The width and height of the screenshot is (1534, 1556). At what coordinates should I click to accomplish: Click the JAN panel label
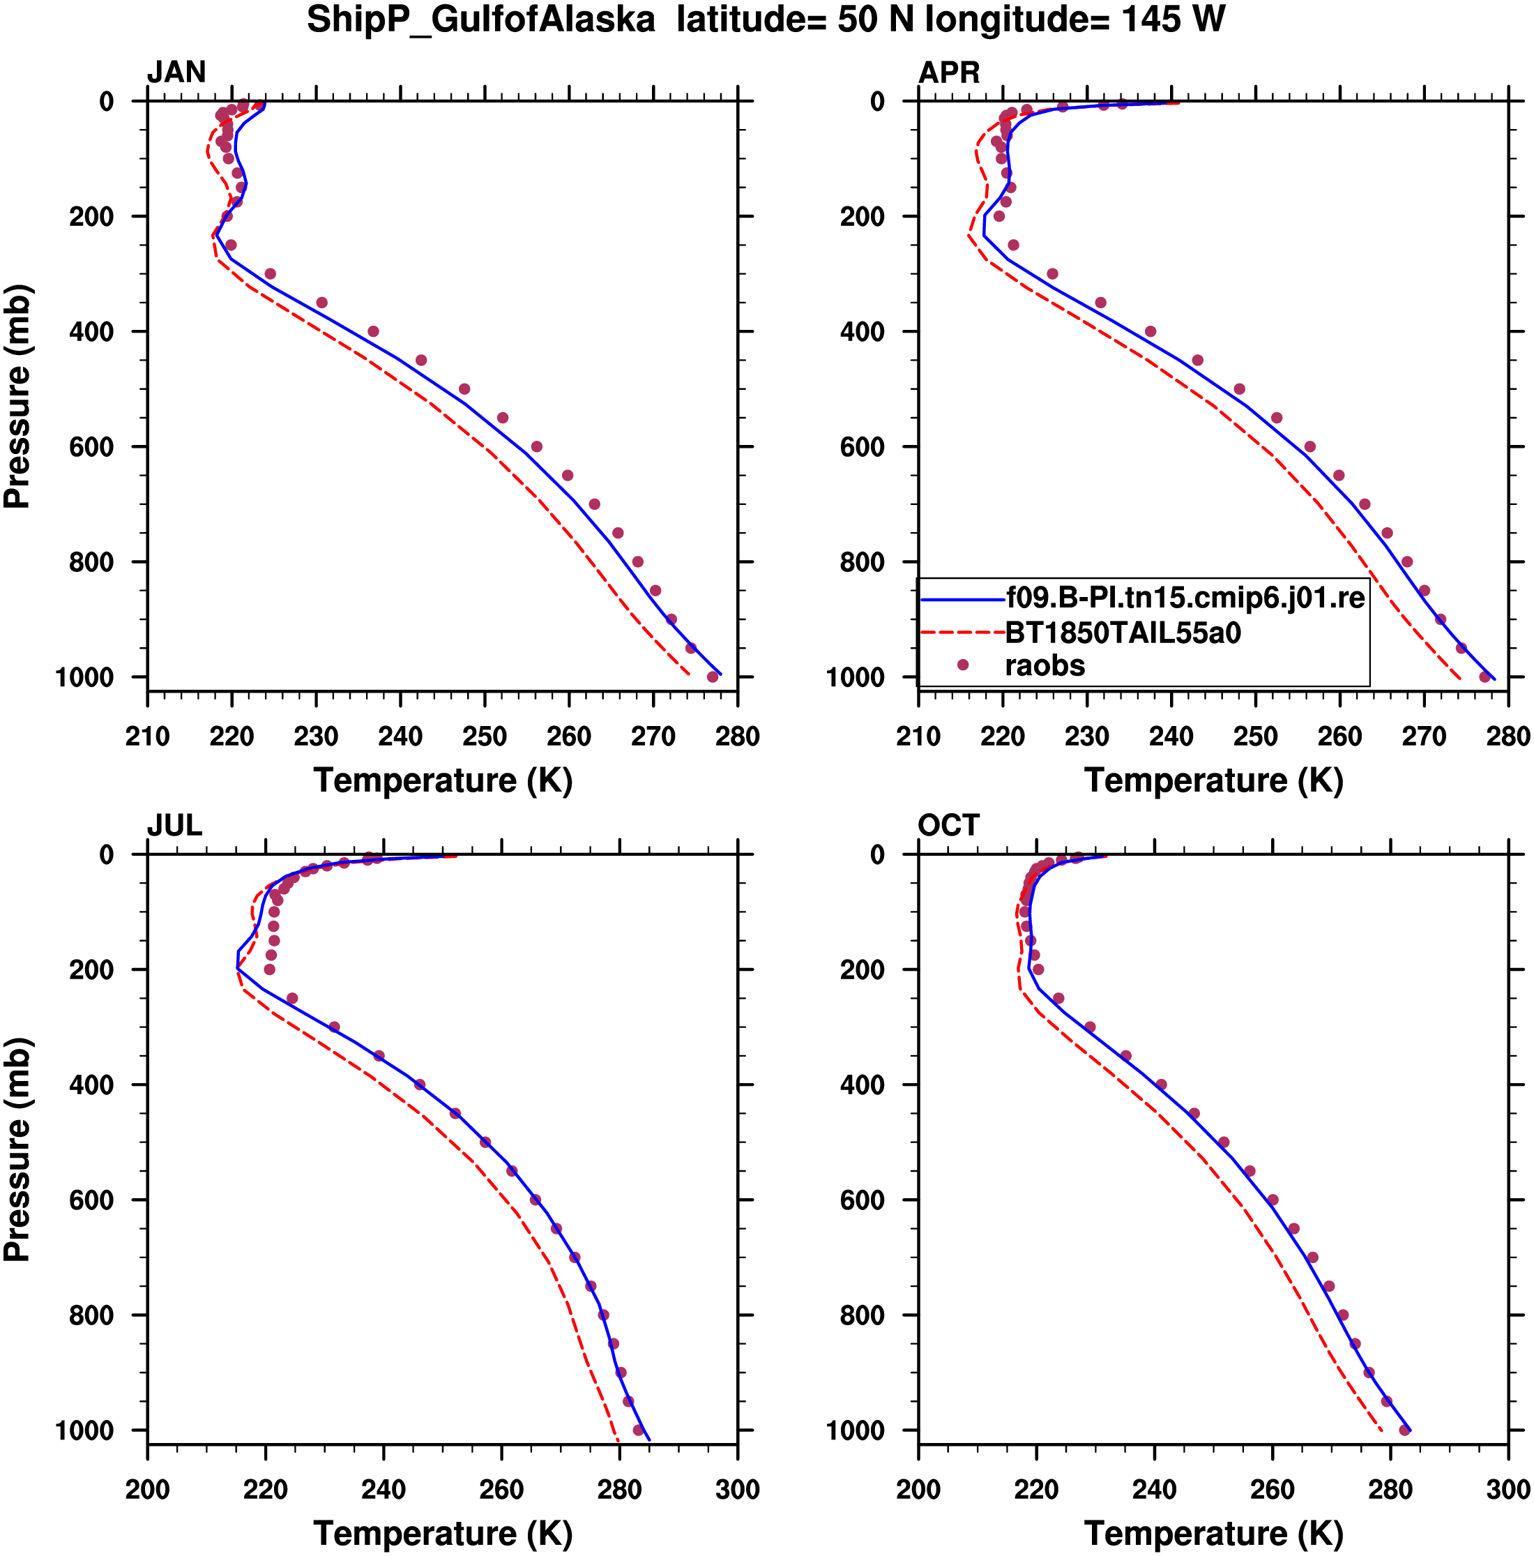pos(176,73)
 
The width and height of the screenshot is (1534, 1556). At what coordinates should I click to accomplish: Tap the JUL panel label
pos(174,826)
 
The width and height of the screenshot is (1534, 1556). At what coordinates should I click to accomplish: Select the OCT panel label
pos(948,826)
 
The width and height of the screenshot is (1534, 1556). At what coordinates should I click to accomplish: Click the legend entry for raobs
pos(1045,665)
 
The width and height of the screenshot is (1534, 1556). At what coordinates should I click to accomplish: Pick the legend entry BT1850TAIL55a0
pos(1123,633)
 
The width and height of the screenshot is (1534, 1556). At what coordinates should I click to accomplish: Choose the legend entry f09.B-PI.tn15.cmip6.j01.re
pos(1185,598)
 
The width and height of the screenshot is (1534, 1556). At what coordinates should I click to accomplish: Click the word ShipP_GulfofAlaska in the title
pos(480,20)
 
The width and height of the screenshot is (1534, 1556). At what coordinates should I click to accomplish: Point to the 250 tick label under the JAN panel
pos(485,736)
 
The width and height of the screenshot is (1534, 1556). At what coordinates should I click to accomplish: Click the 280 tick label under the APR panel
pos(1508,736)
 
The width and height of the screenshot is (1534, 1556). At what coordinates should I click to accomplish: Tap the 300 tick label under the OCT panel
pos(1508,1489)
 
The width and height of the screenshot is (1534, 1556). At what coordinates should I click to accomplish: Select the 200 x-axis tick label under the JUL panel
pos(147,1489)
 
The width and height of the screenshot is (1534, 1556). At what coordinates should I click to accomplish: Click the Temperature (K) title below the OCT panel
pos(1213,1534)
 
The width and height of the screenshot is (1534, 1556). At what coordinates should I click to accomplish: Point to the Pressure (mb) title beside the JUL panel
pos(17,1149)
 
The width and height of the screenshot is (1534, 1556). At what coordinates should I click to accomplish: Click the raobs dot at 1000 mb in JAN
pos(713,677)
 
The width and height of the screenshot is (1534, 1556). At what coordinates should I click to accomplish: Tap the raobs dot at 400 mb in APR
pos(1150,331)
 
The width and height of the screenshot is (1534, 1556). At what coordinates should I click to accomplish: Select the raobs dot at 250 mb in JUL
pos(292,999)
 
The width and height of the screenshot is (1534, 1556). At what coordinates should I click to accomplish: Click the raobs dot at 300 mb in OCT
pos(1091,1027)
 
